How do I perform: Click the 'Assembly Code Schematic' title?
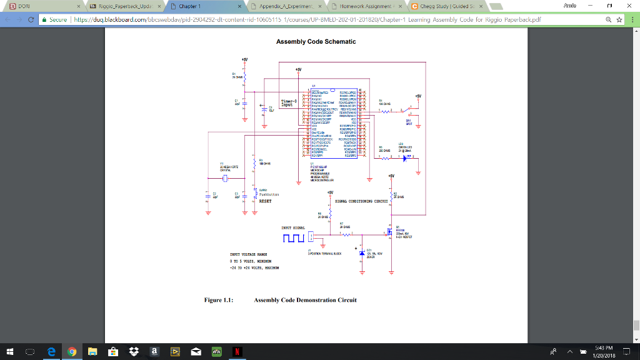pyautogui.click(x=316, y=42)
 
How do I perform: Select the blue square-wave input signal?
pyautogui.click(x=293, y=238)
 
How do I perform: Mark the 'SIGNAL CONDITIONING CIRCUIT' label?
pyautogui.click(x=362, y=201)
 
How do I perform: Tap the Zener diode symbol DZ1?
pyautogui.click(x=362, y=252)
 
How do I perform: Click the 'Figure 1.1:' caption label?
pyautogui.click(x=219, y=300)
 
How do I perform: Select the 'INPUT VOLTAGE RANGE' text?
pyautogui.click(x=249, y=255)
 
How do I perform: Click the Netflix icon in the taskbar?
pyautogui.click(x=238, y=352)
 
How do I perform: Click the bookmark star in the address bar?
pyautogui.click(x=619, y=19)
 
